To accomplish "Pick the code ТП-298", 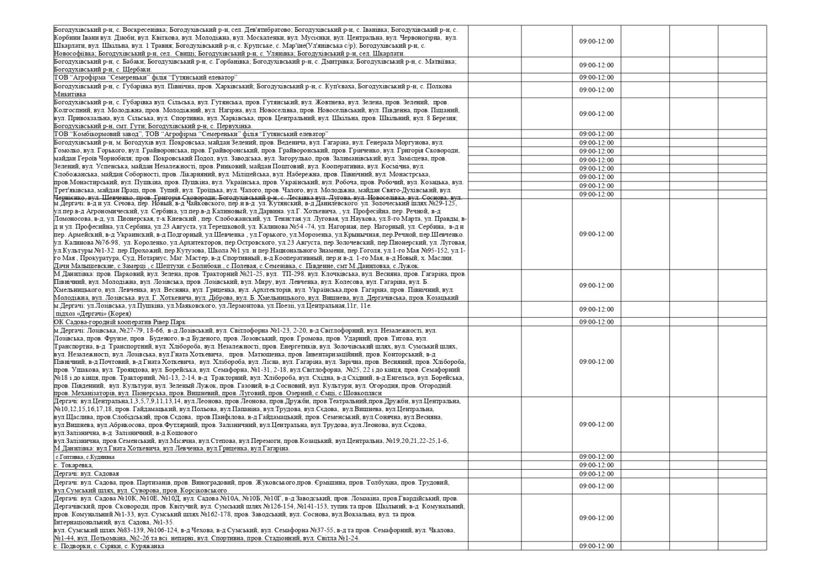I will coord(293,274).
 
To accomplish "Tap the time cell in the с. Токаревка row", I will coord(596,465).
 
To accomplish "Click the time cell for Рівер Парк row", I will coord(596,322).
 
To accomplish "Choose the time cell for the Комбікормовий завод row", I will coord(596,134).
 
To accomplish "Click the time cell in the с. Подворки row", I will coord(596,546).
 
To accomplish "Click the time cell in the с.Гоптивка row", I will coord(596,456).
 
